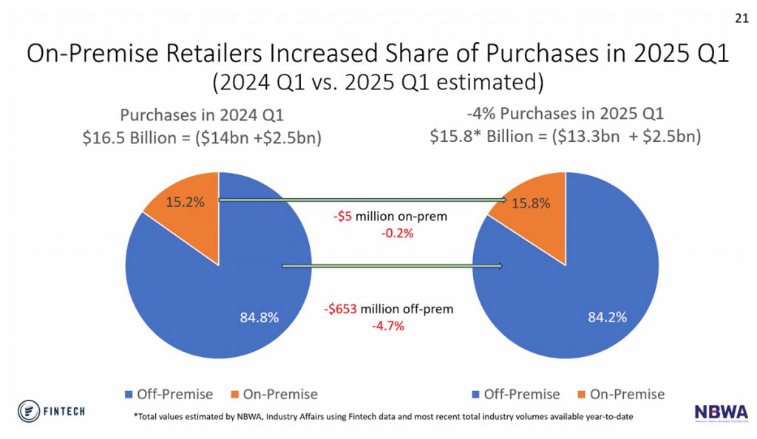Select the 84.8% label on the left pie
coord(259,317)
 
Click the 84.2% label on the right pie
coord(607,317)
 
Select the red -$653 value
coord(343,310)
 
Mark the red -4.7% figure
coord(387,326)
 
